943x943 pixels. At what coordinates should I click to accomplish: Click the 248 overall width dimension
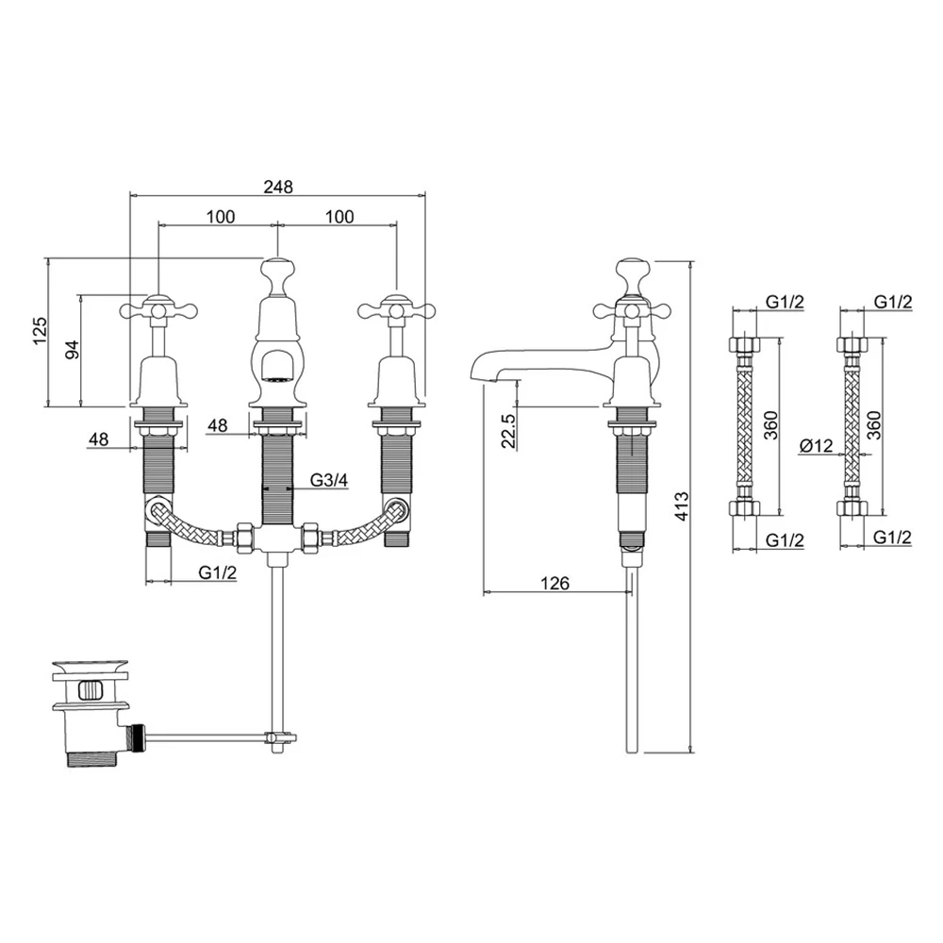pyautogui.click(x=277, y=187)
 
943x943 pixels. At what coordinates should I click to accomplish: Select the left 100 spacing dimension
pyautogui.click(x=219, y=217)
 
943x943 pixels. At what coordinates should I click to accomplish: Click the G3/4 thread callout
pyautogui.click(x=329, y=481)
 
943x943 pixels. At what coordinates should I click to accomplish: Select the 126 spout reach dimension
pyautogui.click(x=555, y=584)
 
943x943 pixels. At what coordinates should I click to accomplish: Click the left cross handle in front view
pyautogui.click(x=157, y=307)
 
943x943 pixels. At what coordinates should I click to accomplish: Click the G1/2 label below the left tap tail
pyautogui.click(x=218, y=572)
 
